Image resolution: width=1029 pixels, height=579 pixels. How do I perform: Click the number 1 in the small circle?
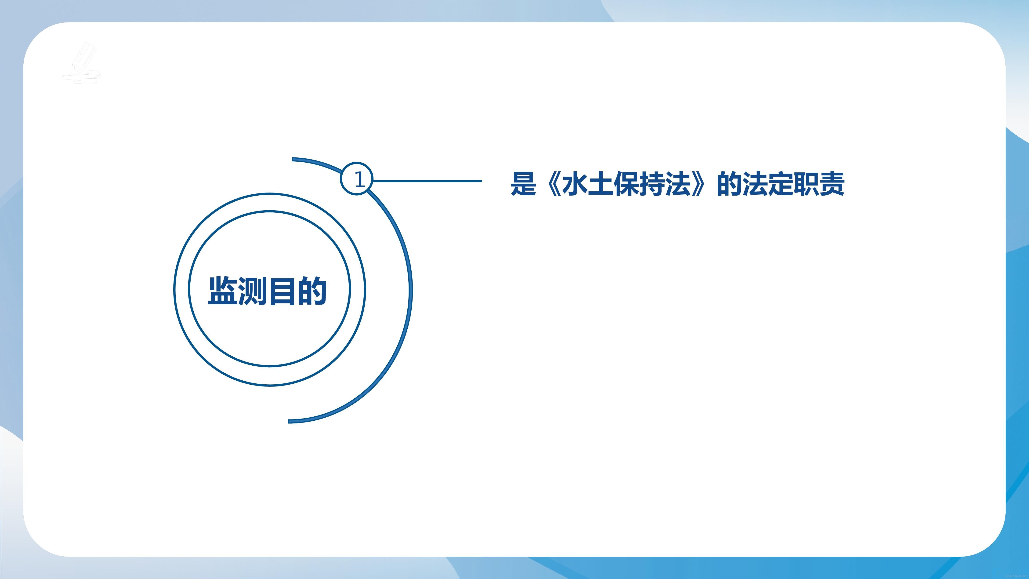point(359,180)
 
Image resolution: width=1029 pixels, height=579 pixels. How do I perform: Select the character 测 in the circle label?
point(253,291)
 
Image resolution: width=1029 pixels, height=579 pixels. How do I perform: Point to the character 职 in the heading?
point(807,184)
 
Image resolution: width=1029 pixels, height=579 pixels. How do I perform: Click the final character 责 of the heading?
point(832,184)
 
